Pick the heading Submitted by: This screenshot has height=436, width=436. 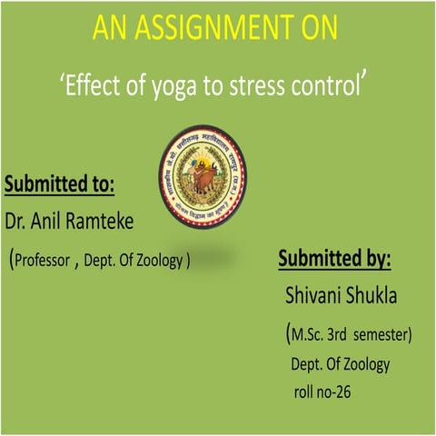pyautogui.click(x=334, y=259)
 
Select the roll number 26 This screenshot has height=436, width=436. pyautogui.click(x=342, y=392)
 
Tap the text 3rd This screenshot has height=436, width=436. pyautogui.click(x=341, y=335)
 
